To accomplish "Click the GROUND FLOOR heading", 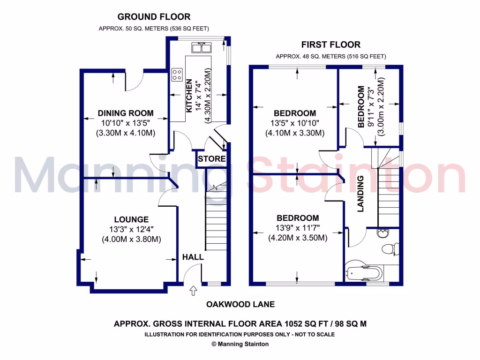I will [x=154, y=17].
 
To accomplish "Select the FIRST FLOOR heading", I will [x=330, y=45].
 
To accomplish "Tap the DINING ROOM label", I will [x=125, y=113].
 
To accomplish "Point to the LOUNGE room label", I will [x=131, y=219].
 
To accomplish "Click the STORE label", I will [x=211, y=159].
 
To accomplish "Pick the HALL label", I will [x=193, y=257].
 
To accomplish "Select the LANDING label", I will [x=361, y=194].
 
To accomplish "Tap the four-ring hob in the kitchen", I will [x=178, y=74].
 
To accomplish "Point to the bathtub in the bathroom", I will [x=364, y=272].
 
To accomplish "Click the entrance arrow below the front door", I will [x=193, y=292].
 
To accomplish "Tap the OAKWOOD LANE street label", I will [x=240, y=304].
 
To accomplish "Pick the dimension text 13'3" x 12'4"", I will [x=131, y=229].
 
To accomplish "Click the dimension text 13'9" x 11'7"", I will [x=297, y=228].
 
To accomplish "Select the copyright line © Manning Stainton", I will [x=240, y=344].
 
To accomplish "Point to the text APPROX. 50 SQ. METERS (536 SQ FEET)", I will [x=154, y=29].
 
